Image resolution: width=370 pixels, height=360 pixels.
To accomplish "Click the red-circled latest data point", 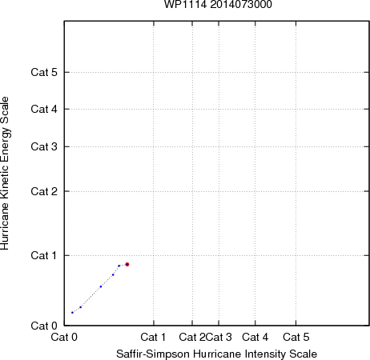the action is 127,265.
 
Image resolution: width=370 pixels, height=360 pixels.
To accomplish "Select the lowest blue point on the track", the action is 72,313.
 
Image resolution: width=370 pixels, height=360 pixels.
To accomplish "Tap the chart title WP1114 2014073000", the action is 218,5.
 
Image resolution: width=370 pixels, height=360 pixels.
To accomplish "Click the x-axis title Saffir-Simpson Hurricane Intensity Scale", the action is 216,354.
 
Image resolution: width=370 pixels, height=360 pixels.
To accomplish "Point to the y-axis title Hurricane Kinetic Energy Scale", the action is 5,174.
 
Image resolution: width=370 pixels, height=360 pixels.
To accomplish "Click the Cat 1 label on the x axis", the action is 153,338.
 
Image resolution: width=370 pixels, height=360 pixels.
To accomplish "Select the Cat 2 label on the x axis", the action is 192,338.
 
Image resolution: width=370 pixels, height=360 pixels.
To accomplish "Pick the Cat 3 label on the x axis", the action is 219,338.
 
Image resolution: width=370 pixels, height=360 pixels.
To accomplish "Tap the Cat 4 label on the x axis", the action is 255,338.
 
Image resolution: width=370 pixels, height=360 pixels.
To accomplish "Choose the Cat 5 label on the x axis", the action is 296,338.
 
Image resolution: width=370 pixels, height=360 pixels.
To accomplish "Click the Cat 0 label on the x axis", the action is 64,338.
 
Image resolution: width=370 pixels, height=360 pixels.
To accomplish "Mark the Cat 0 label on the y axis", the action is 44,326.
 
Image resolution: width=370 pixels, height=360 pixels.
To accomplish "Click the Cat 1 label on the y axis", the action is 44,255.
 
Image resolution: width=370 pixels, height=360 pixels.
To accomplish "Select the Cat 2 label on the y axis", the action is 44,191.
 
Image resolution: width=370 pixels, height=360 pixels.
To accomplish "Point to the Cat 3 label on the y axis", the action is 44,146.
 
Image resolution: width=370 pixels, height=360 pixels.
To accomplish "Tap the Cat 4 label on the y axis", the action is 44,109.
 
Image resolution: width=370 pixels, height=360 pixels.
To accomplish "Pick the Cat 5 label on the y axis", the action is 44,72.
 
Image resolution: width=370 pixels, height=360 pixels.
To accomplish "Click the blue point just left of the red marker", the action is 119,266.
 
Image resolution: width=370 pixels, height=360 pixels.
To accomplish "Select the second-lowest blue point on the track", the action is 81,307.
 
